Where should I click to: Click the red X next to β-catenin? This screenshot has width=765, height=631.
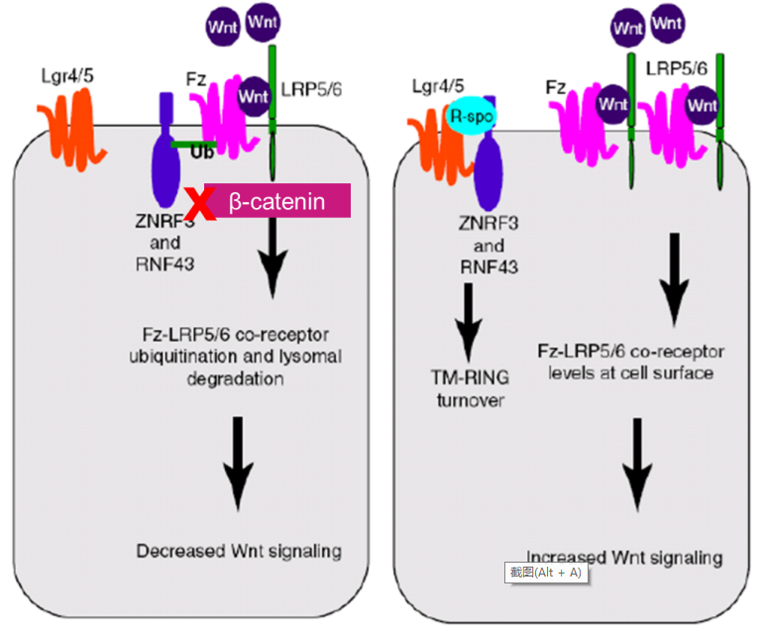click(200, 204)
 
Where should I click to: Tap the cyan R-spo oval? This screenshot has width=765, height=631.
click(471, 116)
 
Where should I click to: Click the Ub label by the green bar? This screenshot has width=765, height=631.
click(202, 154)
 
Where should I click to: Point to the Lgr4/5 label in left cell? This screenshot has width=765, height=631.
click(67, 76)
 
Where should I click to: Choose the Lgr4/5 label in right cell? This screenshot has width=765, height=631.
click(438, 86)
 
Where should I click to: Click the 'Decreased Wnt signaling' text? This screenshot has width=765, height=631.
click(239, 551)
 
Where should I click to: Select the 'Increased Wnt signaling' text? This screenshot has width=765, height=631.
click(624, 558)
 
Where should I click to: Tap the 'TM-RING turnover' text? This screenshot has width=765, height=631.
click(471, 389)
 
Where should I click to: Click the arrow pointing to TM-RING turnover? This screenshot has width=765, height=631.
click(469, 322)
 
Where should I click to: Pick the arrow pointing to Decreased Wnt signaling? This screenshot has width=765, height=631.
click(238, 464)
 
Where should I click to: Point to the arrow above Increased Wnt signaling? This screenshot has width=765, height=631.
click(637, 465)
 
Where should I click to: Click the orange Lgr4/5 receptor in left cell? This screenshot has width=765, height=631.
click(72, 129)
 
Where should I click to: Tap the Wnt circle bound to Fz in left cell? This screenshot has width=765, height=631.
click(254, 96)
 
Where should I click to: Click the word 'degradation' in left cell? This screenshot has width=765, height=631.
click(235, 378)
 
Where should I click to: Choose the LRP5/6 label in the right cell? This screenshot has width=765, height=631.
click(676, 68)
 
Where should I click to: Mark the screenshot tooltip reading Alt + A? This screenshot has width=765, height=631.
click(546, 573)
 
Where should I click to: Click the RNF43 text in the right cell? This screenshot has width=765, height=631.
click(490, 267)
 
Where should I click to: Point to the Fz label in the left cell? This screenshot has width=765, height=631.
click(195, 79)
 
